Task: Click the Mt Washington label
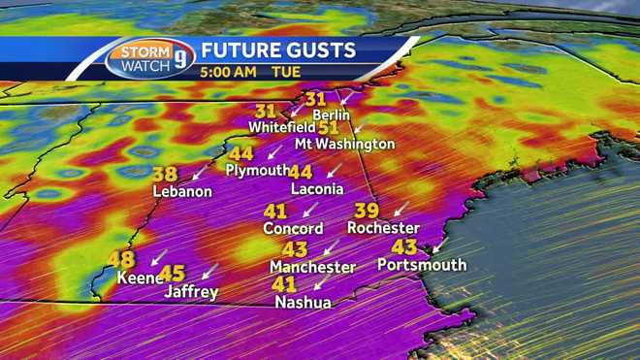(345, 144)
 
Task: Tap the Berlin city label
(330, 115)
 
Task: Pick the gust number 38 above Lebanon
(165, 175)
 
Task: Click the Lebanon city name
(182, 191)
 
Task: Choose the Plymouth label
(257, 170)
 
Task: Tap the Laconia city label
(317, 188)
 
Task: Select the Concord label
(293, 229)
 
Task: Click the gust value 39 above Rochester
(366, 211)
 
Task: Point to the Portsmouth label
(422, 265)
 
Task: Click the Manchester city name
(312, 267)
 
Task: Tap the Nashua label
(303, 303)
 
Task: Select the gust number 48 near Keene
(121, 259)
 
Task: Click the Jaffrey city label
(191, 291)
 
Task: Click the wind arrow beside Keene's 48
(158, 258)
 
